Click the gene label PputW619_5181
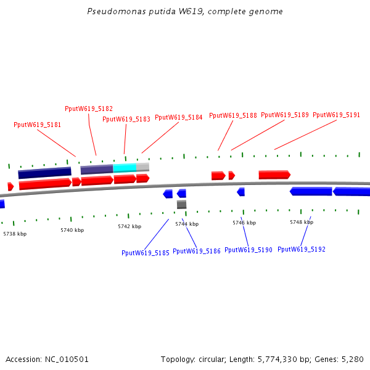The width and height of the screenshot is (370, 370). pyautogui.click(x=37, y=125)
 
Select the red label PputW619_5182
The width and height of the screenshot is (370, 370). pyautogui.click(x=89, y=109)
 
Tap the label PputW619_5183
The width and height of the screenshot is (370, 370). pyautogui.click(x=126, y=120)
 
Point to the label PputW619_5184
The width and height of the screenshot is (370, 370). pyautogui.click(x=178, y=117)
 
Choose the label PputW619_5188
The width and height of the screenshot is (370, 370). pyautogui.click(x=232, y=115)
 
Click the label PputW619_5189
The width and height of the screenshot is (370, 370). pyautogui.click(x=285, y=115)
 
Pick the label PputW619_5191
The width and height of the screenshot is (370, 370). pyautogui.click(x=336, y=115)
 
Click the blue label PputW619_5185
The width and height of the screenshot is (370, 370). pyautogui.click(x=145, y=253)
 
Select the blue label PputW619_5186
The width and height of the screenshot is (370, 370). pyautogui.click(x=197, y=252)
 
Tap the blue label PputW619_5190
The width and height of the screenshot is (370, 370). pyautogui.click(x=249, y=250)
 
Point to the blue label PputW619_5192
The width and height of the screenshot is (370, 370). pyautogui.click(x=302, y=250)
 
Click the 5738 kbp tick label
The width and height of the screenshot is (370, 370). pyautogui.click(x=15, y=234)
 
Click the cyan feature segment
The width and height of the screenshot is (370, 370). pyautogui.click(x=125, y=168)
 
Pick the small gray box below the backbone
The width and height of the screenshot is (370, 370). pyautogui.click(x=181, y=205)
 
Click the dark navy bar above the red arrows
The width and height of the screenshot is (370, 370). pyautogui.click(x=44, y=173)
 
